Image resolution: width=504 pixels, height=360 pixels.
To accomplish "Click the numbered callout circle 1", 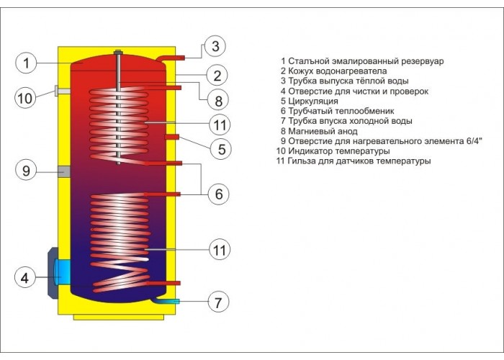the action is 26,63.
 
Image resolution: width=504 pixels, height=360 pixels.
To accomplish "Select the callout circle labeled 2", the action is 217,76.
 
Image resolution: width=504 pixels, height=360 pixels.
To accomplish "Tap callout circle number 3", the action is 215,45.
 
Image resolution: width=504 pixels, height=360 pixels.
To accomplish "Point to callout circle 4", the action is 25,278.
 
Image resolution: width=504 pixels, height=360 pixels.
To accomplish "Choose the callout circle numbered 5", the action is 221,149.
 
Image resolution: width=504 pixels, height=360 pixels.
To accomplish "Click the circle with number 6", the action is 219,194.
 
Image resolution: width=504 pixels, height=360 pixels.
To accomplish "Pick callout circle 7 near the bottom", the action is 218,302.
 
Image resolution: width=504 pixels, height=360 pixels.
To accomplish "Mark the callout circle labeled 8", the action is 218,101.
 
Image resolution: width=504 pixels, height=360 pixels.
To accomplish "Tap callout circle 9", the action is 26,171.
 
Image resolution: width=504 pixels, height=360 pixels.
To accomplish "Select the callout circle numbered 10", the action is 25,98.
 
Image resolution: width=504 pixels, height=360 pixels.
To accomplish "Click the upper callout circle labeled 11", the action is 220,125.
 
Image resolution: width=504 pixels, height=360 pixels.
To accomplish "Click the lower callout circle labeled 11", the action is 220,250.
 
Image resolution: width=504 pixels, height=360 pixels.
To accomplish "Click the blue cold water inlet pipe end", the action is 176,302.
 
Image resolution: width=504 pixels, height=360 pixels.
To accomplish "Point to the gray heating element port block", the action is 64,171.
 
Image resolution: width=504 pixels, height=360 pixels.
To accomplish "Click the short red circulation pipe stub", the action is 171,137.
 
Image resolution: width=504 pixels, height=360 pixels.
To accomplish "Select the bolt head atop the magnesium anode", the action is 118,52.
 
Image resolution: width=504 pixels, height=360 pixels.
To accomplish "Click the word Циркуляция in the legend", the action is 313,101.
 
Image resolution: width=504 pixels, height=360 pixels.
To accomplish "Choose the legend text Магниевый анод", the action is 323,131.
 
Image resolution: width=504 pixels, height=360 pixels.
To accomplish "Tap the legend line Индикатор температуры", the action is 339,151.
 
